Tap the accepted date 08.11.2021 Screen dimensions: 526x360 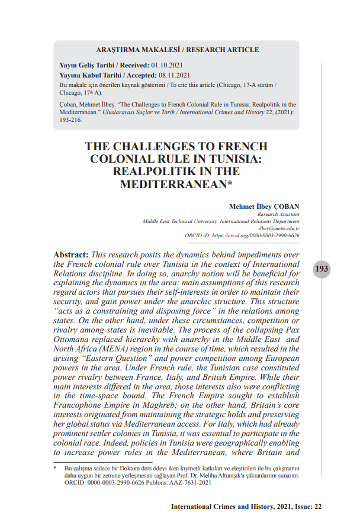click(x=174, y=75)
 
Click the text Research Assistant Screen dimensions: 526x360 click(x=278, y=214)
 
